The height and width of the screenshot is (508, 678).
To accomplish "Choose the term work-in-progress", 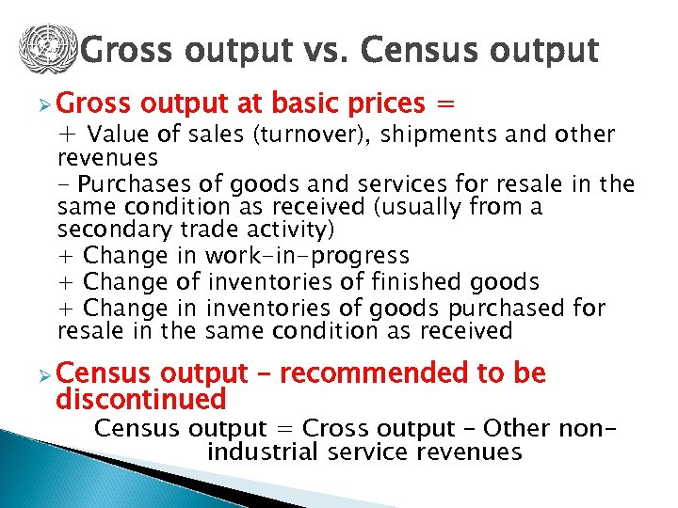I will pos(307,255).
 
